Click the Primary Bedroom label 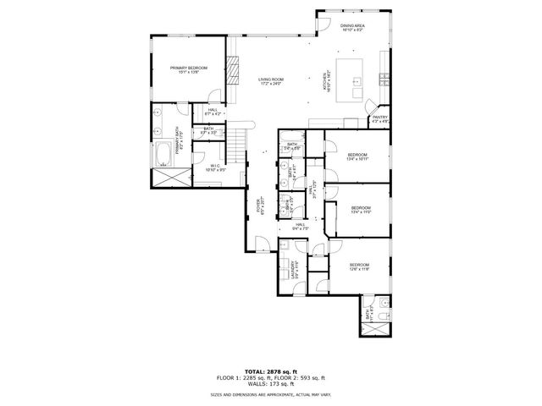188,70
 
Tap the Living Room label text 270,81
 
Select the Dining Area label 352,29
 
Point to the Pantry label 379,119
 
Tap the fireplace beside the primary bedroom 230,65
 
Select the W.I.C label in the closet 214,167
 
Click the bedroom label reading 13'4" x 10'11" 357,156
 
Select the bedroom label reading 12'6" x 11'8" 359,268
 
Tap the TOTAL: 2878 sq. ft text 270,370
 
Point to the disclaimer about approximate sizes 270,395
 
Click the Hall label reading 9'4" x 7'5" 301,226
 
